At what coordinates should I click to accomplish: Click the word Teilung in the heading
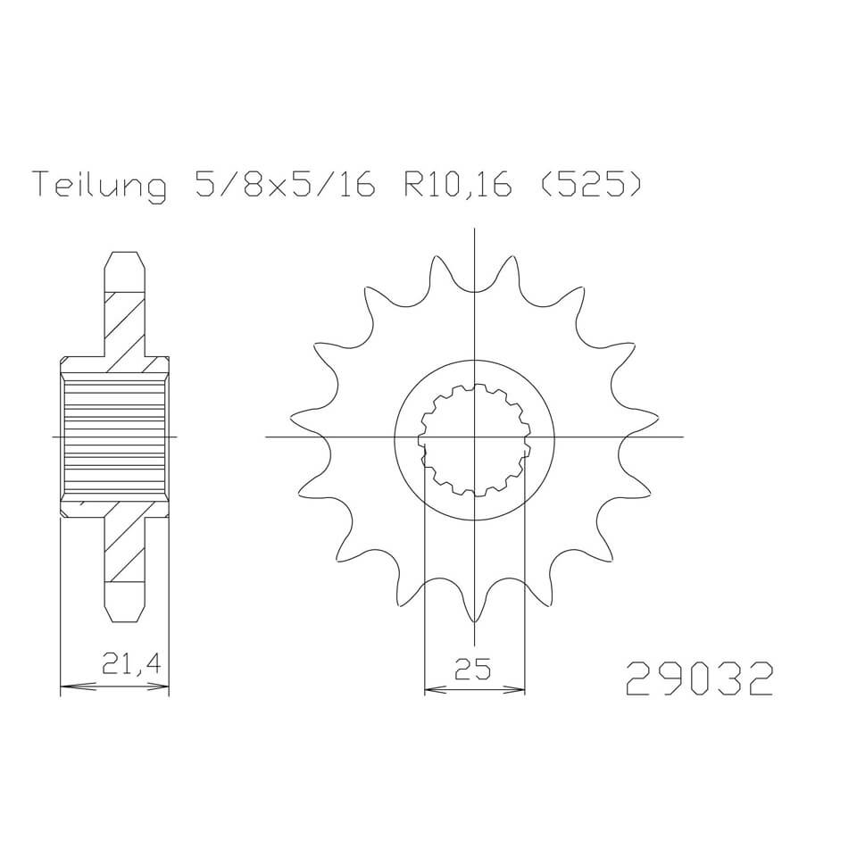pyautogui.click(x=99, y=185)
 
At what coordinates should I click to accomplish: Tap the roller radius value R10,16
pyautogui.click(x=458, y=185)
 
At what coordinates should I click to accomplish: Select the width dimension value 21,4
pyautogui.click(x=124, y=666)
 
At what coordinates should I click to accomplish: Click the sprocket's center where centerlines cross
pyautogui.click(x=474, y=437)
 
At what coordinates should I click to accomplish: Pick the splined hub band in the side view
pyautogui.click(x=114, y=437)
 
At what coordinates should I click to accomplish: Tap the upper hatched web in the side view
pyautogui.click(x=124, y=321)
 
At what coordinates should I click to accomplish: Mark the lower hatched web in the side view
pyautogui.click(x=124, y=549)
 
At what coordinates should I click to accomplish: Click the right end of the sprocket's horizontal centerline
pyautogui.click(x=682, y=437)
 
